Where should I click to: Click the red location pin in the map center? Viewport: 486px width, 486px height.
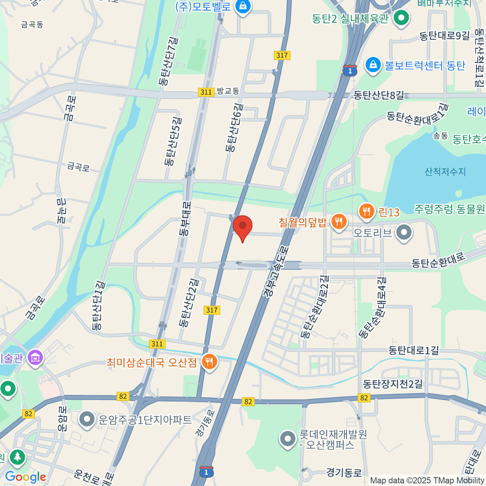click(x=243, y=227)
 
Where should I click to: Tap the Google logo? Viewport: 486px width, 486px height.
click(x=25, y=477)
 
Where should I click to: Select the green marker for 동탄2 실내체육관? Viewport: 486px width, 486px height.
click(x=402, y=18)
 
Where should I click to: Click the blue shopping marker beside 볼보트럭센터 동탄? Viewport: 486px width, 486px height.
click(x=373, y=65)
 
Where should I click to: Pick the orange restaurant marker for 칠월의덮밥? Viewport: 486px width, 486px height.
click(x=339, y=222)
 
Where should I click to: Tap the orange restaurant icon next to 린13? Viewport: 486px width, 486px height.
click(x=367, y=211)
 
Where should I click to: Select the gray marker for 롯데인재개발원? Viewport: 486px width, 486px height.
click(x=288, y=439)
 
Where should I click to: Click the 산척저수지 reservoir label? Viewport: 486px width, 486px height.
click(x=445, y=172)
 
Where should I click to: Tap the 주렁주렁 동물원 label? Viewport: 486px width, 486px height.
click(x=449, y=209)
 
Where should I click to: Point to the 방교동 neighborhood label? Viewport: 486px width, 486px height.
click(x=228, y=91)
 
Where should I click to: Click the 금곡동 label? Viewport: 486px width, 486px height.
click(x=32, y=25)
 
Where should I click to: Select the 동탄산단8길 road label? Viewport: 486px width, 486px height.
click(x=379, y=95)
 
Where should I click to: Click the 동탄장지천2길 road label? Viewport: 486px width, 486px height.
click(x=392, y=384)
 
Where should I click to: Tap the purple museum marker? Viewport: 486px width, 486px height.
click(x=36, y=358)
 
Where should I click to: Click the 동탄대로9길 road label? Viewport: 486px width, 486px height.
click(x=444, y=36)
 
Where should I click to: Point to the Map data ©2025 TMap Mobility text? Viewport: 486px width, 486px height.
click(x=427, y=481)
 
